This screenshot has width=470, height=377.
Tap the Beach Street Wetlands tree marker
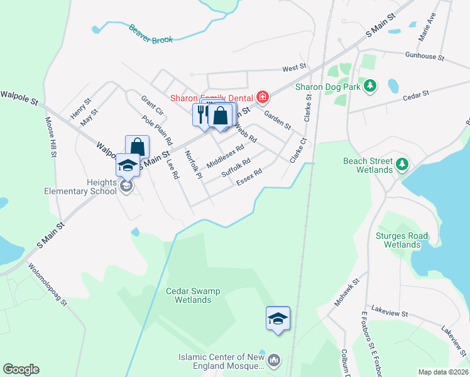(x=402, y=165)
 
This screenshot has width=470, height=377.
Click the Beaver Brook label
(x=151, y=34)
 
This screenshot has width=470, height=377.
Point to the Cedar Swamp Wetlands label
(x=189, y=295)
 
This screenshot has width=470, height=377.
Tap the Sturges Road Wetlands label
(x=402, y=240)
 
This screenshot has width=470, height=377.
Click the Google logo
(x=21, y=369)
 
